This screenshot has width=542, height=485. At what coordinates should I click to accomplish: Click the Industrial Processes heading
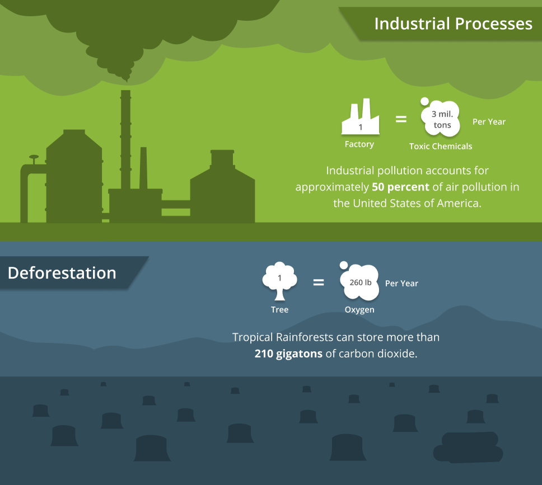pyautogui.click(x=453, y=23)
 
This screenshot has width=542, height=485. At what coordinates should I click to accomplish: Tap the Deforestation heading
pyautogui.click(x=62, y=273)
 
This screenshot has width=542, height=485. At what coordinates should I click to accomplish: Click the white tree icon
pyautogui.click(x=279, y=281)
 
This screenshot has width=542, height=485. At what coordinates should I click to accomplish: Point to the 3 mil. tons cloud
pyautogui.click(x=441, y=119)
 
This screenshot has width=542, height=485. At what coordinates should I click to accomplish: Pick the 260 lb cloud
pyautogui.click(x=360, y=282)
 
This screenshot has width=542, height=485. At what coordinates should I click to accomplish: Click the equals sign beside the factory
pyautogui.click(x=401, y=119)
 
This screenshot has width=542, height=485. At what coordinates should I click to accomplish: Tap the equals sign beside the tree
pyautogui.click(x=318, y=282)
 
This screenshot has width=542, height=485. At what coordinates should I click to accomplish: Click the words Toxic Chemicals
pyautogui.click(x=441, y=146)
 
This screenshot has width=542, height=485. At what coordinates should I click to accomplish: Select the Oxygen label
pyautogui.click(x=359, y=309)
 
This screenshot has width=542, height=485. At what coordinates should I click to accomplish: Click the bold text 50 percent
pyautogui.click(x=400, y=187)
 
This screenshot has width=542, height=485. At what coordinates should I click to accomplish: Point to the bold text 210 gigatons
pyautogui.click(x=288, y=354)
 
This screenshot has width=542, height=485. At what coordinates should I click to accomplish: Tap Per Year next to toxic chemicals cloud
pyautogui.click(x=489, y=121)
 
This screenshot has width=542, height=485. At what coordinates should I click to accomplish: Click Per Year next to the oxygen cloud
pyautogui.click(x=401, y=283)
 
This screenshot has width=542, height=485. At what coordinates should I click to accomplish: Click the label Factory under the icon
pyautogui.click(x=359, y=144)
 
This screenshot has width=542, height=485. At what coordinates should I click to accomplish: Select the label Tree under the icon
pyautogui.click(x=279, y=309)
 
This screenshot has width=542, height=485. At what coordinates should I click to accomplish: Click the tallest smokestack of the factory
pyautogui.click(x=125, y=140)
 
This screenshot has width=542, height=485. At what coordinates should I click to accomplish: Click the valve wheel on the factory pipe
pyautogui.click(x=34, y=157)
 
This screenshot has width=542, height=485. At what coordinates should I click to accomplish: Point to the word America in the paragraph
pyautogui.click(x=458, y=203)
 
